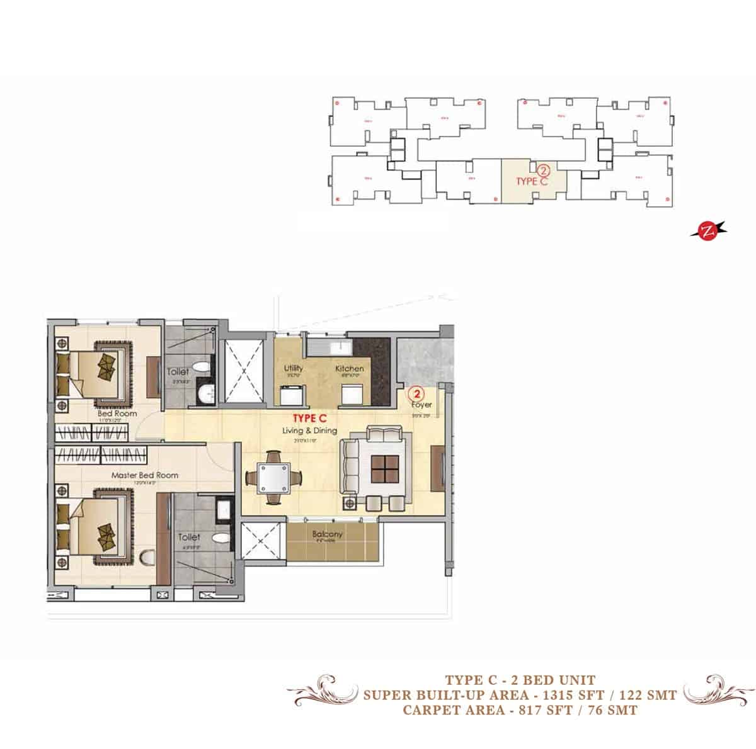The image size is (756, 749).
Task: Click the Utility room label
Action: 294,368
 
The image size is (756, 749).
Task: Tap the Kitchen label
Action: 349,368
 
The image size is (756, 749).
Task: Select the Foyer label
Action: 421,405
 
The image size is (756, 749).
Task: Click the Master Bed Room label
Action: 144,475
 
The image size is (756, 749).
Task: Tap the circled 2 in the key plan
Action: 544,170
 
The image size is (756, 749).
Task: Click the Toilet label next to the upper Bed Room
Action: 178,372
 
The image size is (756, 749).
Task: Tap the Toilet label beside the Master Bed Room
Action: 189,538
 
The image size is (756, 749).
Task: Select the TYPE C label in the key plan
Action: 532,181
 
